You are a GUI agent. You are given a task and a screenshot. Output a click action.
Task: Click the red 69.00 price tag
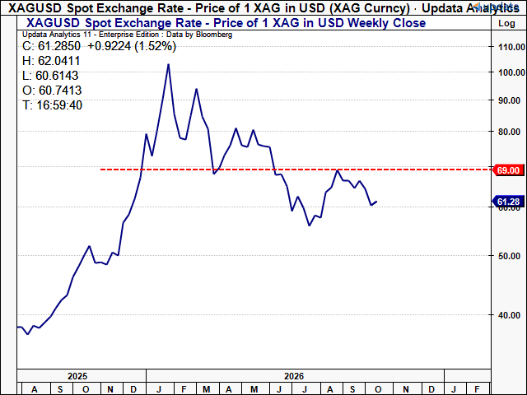pyautogui.click(x=508, y=170)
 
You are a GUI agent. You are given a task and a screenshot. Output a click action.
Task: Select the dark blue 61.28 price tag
pyautogui.click(x=508, y=202)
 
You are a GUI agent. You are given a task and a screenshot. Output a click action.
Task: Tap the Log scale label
pyautogui.click(x=506, y=24)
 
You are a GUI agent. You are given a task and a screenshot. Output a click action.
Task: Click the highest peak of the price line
pyautogui.click(x=168, y=64)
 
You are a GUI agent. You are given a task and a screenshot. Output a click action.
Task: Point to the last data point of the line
pyautogui.click(x=377, y=202)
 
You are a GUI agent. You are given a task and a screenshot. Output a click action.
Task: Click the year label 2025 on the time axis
pyautogui.click(x=77, y=376)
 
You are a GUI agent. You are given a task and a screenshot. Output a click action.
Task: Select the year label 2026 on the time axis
pyautogui.click(x=294, y=376)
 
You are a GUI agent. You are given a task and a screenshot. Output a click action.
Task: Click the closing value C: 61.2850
pyautogui.click(x=51, y=46)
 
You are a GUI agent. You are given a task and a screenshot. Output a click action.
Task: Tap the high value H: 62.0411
pyautogui.click(x=51, y=61)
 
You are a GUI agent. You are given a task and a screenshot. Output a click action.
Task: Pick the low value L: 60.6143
pyautogui.click(x=50, y=76)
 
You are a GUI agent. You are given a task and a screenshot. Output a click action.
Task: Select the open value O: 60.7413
pyautogui.click(x=52, y=91)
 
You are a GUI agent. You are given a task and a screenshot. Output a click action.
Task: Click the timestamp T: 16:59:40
pyautogui.click(x=52, y=105)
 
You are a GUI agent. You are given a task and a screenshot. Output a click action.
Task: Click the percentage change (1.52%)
pyautogui.click(x=156, y=46)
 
